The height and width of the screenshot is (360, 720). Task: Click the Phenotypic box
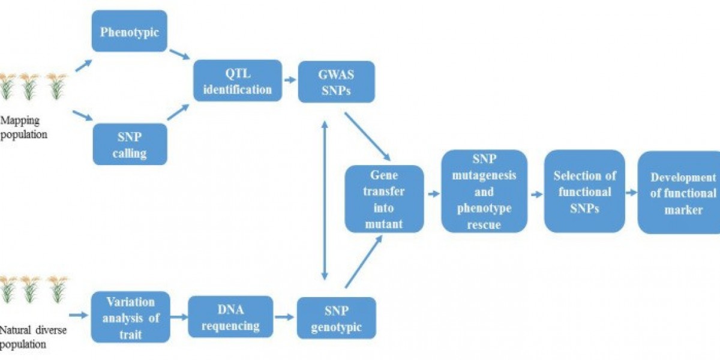tap(129, 31)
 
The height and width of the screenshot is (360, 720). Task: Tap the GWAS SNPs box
tap(337, 80)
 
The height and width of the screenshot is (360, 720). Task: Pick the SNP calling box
tap(129, 144)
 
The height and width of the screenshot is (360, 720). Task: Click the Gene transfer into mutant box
tap(384, 199)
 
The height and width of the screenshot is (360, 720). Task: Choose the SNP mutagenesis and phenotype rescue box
tap(484, 191)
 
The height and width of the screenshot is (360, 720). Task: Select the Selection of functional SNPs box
tap(584, 191)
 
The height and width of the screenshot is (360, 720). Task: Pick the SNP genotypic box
tap(337, 318)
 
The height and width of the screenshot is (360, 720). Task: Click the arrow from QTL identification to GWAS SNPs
tap(290, 80)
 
